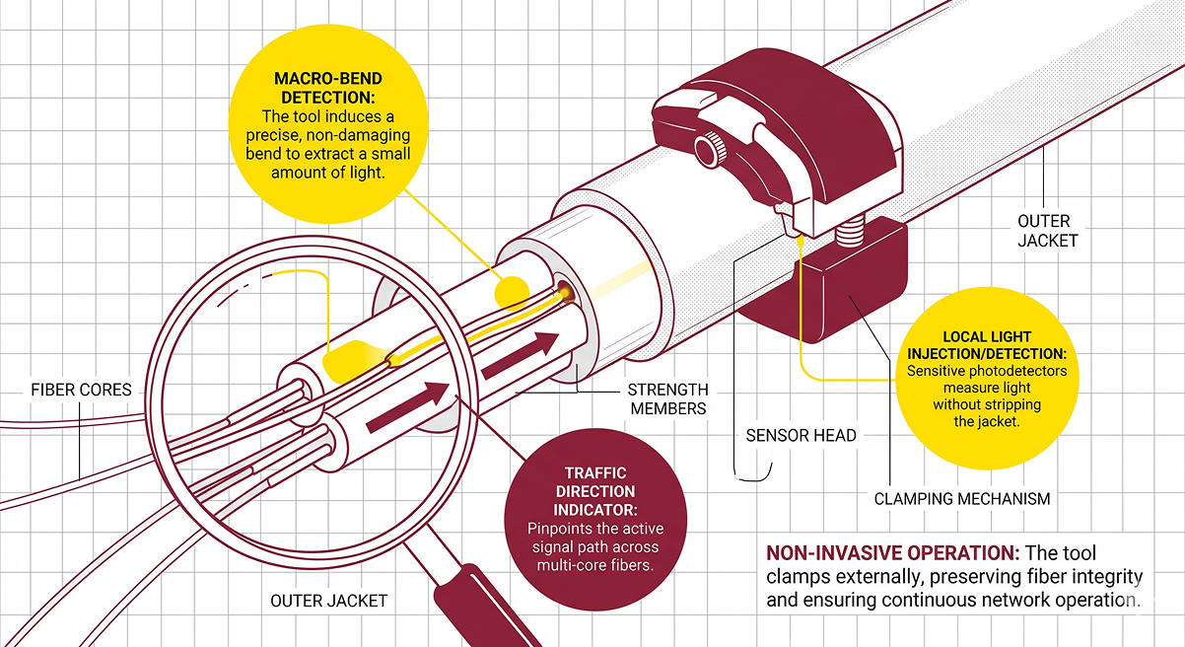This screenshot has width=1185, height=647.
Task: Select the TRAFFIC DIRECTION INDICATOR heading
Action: [594, 490]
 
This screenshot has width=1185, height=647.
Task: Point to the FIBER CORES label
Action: [81, 390]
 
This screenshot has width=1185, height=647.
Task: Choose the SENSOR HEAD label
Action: [801, 435]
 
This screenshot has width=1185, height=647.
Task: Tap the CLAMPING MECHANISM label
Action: [961, 498]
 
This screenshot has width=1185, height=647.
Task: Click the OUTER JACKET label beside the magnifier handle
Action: [329, 600]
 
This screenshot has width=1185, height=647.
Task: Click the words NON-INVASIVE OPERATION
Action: [893, 553]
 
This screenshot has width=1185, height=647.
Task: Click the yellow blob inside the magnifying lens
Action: [350, 362]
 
